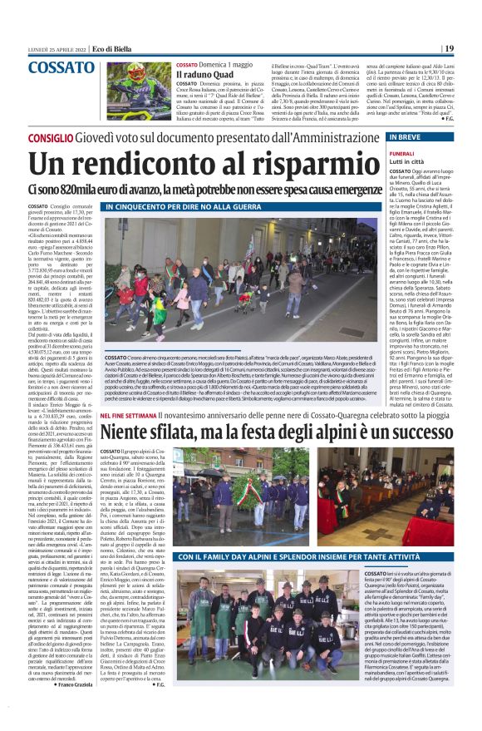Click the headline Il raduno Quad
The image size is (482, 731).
tap(203, 74)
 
